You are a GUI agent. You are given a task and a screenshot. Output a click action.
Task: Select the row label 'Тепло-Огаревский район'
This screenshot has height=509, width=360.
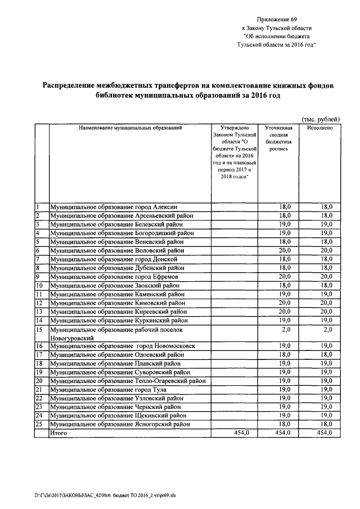127,381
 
